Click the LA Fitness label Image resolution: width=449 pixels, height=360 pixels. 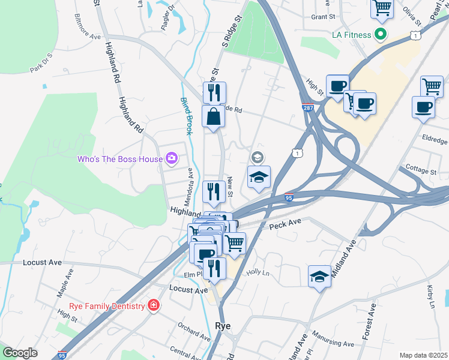[352, 35]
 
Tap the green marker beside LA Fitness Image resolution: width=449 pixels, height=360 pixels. [380, 35]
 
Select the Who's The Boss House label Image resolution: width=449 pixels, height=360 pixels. [120, 159]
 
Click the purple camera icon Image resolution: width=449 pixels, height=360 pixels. [172, 159]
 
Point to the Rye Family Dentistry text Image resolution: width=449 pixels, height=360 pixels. [107, 306]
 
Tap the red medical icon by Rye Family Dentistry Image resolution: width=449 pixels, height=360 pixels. [154, 306]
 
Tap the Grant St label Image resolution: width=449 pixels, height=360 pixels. [323, 17]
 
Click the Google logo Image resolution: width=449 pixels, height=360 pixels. [20, 353]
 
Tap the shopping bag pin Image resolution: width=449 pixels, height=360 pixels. [214, 116]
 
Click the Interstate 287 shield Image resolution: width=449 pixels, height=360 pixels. [307, 108]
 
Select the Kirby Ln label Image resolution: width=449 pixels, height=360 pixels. [430, 297]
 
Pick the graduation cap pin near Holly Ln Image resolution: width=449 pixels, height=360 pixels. [320, 277]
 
